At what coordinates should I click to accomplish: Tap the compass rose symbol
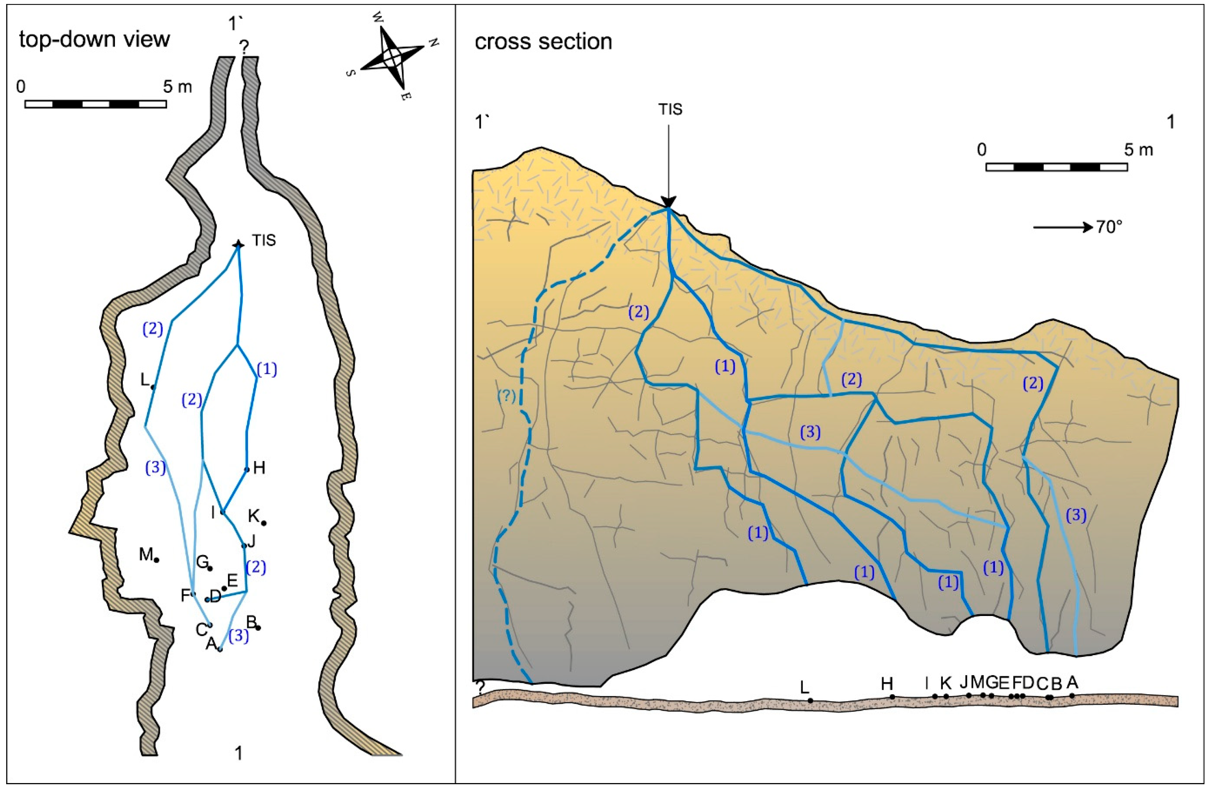pos(392,57)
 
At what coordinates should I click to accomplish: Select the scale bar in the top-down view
pos(96,104)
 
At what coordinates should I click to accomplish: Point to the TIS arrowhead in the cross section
pos(668,203)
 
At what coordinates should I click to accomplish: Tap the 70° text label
pos(1109,227)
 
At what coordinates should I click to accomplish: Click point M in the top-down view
pos(157,560)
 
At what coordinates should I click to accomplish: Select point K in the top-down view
pos(263,523)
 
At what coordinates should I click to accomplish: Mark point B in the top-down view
pos(258,628)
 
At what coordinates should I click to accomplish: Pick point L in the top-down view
pos(153,387)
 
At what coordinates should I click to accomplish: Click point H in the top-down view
pos(247,469)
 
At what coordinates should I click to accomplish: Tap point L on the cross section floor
pos(810,700)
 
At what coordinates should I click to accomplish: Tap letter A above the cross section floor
pos(1072,682)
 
